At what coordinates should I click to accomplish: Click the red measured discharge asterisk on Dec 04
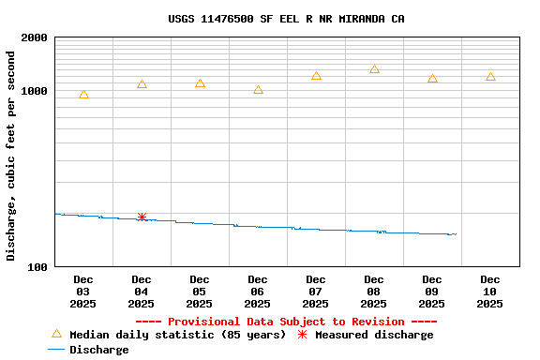pos(142,217)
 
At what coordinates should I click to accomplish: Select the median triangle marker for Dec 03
pos(83,95)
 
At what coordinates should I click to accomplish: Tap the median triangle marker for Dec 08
pos(374,68)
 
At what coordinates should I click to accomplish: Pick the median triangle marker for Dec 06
pos(258,89)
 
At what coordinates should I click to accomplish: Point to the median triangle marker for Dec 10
pos(490,76)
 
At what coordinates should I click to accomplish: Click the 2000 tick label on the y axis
pos(35,38)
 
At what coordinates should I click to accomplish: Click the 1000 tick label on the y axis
pos(35,91)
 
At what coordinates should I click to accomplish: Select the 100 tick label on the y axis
pos(37,267)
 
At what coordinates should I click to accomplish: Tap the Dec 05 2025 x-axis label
pos(200,291)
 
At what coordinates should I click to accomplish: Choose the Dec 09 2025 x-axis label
pos(432,291)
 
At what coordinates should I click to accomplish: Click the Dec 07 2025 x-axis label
pos(316,291)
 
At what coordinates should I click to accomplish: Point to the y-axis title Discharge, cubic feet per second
pos(11,156)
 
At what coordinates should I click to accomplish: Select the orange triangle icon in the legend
pos(56,334)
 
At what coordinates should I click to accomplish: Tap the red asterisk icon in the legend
pos(302,335)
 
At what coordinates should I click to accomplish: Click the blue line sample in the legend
pos(56,350)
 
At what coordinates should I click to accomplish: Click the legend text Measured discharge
pos(374,335)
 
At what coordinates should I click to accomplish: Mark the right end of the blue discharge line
pos(456,234)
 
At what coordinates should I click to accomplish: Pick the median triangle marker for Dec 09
pos(432,78)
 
